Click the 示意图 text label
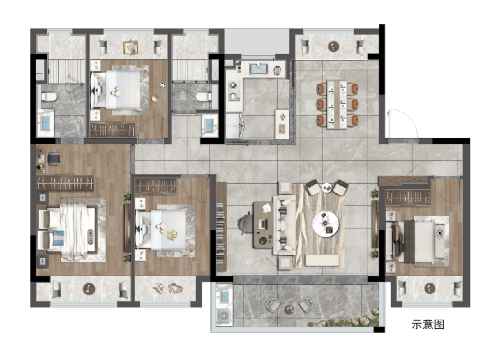[x=428, y=324]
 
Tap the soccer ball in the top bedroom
[x=163, y=85]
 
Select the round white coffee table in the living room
[x=326, y=224]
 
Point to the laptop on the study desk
[x=262, y=225]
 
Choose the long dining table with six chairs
[x=337, y=104]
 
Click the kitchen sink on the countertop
[x=259, y=69]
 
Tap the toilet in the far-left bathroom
[x=48, y=96]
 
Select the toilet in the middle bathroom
[x=204, y=96]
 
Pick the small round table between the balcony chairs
[x=289, y=309]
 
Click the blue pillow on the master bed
[x=58, y=238]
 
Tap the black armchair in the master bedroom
[x=54, y=159]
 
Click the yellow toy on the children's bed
[x=172, y=234]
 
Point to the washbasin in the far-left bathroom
[x=46, y=123]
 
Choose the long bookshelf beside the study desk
[x=221, y=227]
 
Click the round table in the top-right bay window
[x=334, y=47]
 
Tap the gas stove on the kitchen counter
[x=234, y=90]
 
